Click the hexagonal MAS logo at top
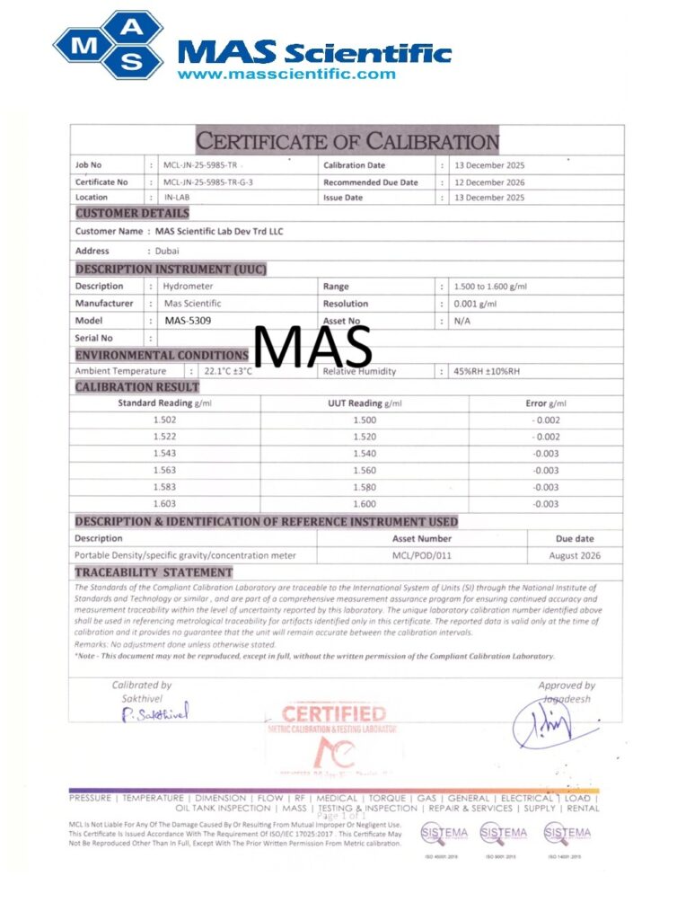(x=108, y=44)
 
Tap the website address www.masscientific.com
(x=286, y=74)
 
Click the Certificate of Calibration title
(x=347, y=141)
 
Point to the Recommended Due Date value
(x=489, y=182)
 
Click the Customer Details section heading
(x=132, y=213)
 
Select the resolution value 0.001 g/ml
(x=475, y=304)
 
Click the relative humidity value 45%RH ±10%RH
(x=488, y=371)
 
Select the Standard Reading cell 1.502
(x=164, y=420)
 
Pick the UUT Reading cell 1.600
(x=365, y=504)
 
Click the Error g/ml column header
(x=546, y=403)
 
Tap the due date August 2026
(x=575, y=555)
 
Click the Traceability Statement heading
(x=154, y=572)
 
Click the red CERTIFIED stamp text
(x=334, y=715)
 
